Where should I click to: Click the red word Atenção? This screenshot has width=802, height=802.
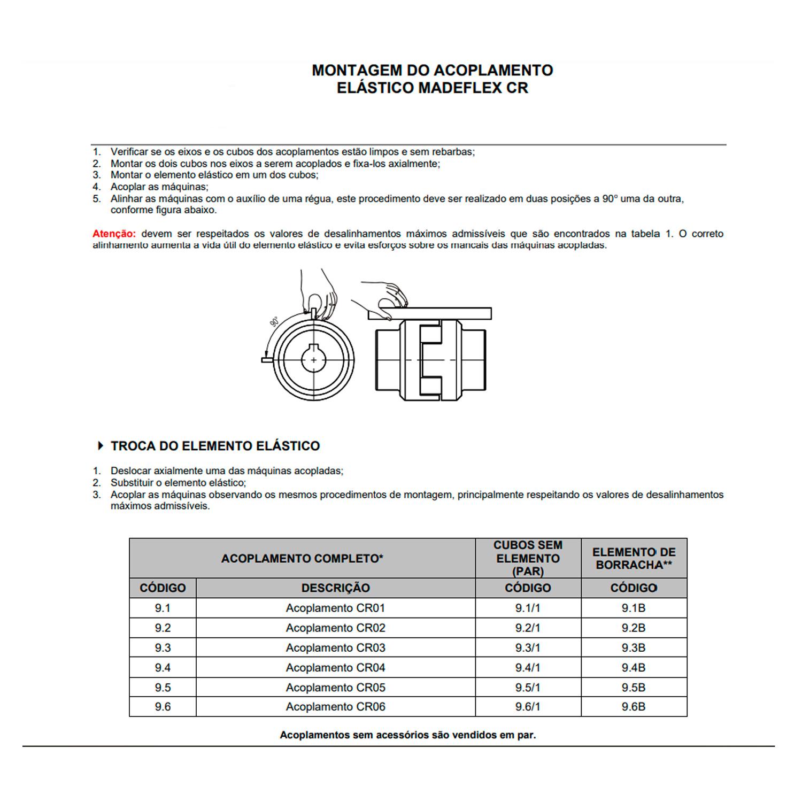point(114,234)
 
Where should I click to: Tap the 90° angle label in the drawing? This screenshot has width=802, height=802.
point(274,322)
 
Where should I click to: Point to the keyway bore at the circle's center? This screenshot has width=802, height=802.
point(313,360)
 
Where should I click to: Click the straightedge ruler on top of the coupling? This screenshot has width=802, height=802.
point(430,314)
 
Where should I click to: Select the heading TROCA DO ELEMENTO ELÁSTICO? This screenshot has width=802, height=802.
point(215,446)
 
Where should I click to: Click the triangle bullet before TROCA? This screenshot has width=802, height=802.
point(100,446)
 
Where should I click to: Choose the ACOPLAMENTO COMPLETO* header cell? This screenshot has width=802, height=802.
point(302,559)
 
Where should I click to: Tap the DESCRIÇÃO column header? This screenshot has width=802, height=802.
point(335,588)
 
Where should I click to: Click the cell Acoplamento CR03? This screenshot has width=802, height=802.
point(335,648)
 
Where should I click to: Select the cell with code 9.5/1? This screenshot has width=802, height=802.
point(528,688)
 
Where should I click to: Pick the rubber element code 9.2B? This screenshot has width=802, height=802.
point(634,628)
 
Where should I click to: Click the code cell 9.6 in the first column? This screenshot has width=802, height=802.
point(163,707)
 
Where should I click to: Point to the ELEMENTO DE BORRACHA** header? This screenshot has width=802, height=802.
point(634,559)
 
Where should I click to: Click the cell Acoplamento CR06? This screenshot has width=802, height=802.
point(335,707)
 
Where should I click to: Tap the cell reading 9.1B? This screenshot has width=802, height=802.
point(634,608)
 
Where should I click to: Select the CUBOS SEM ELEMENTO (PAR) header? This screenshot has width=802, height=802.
point(528,559)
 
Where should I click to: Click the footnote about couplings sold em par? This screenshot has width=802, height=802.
point(407,735)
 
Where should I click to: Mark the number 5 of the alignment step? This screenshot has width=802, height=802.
point(96,199)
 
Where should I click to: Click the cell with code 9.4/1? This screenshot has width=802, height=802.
point(528,668)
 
